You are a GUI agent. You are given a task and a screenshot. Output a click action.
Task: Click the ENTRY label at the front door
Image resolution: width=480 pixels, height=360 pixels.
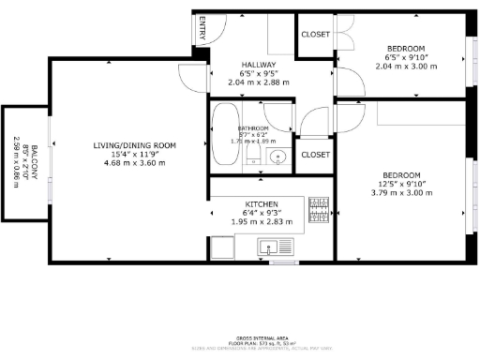[x=202, y=31]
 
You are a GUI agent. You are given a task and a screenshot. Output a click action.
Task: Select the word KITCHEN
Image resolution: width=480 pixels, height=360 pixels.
[x=262, y=204]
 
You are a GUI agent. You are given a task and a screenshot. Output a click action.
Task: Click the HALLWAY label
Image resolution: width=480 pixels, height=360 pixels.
[x=258, y=63]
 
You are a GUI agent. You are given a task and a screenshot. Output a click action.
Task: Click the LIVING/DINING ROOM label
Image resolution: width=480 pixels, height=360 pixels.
[x=134, y=145]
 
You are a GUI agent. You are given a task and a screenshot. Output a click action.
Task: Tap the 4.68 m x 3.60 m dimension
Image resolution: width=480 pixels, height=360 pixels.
[x=134, y=163]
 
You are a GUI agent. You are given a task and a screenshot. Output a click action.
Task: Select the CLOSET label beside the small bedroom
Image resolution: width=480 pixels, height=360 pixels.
[x=315, y=35]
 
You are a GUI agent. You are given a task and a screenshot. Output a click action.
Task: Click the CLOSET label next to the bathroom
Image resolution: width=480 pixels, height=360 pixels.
[x=315, y=155]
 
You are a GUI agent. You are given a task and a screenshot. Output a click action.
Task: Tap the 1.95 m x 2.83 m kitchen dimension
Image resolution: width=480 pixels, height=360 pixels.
[x=262, y=222]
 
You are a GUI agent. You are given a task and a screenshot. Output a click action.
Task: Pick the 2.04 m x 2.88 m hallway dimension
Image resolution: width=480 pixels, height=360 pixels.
[x=258, y=82]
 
